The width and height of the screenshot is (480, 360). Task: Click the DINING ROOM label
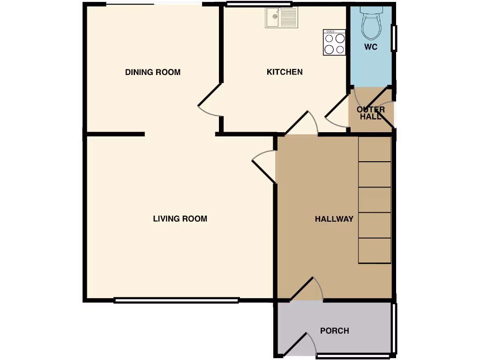click(152, 72)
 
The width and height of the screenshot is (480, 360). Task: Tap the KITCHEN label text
click(285, 72)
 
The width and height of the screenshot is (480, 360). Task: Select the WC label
click(371, 47)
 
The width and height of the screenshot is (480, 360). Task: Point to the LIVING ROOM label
click(180, 219)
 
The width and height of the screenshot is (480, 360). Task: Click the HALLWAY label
click(334, 219)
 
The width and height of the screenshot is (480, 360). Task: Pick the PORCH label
click(334, 331)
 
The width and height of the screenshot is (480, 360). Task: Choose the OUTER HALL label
click(371, 113)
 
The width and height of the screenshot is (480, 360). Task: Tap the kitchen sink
click(281, 18)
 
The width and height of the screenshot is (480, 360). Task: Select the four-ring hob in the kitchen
click(334, 43)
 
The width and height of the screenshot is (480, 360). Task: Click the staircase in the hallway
click(375, 200)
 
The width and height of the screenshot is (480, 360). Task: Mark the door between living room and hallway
click(263, 166)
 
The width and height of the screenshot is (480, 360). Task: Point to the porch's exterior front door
click(300, 345)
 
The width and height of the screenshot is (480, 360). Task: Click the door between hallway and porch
click(307, 289)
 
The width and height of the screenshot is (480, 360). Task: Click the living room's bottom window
click(177, 300)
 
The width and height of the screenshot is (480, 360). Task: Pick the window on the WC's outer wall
click(394, 38)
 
